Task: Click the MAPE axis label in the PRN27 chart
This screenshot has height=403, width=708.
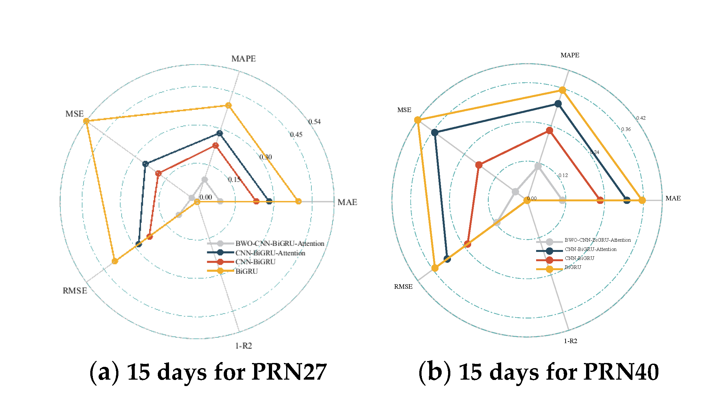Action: coord(244,59)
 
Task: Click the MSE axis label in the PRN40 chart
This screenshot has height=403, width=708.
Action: coord(404,110)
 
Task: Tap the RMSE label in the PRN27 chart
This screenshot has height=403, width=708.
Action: coord(75,291)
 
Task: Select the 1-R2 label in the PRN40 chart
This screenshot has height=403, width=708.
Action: coord(570,341)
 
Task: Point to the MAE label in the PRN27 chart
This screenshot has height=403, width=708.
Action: coord(347,202)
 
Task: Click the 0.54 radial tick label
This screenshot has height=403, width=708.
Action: coord(314,122)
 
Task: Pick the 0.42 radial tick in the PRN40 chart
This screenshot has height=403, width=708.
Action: coord(641,118)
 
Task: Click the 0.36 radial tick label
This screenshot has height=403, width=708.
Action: coord(626,129)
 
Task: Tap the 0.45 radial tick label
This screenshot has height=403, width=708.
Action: coord(296,134)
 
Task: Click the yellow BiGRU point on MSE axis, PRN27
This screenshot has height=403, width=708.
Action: coord(86,121)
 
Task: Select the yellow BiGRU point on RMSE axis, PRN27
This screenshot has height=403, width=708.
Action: coord(115,261)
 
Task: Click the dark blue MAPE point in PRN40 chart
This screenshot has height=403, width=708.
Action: coord(558,104)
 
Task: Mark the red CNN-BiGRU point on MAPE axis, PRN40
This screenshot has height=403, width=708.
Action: coord(550,130)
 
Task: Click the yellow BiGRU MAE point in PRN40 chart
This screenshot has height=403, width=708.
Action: coord(642,200)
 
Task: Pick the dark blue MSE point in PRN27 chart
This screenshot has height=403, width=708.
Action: coord(145,164)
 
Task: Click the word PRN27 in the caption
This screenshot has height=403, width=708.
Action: coord(289,372)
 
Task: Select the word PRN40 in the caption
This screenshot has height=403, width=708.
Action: coord(621,372)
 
